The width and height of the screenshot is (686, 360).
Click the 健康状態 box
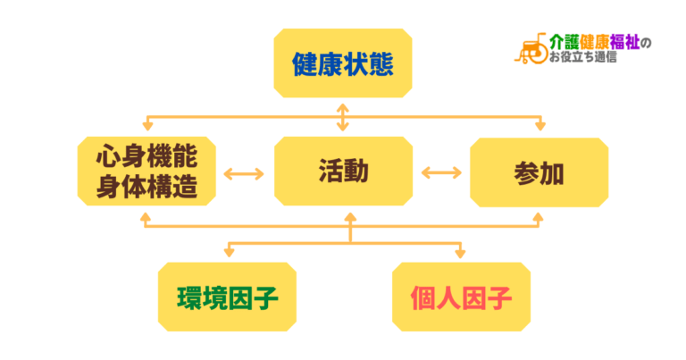343,63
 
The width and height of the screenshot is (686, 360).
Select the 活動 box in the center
343,172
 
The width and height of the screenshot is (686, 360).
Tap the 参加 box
540,172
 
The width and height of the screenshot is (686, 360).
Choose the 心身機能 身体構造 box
146,172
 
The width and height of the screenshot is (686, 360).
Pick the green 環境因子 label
227,297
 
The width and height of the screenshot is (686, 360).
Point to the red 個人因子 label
461,297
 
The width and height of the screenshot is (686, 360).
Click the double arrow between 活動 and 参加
441,172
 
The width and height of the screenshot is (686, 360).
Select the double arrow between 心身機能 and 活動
244,172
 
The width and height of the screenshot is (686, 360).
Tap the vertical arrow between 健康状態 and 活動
343,117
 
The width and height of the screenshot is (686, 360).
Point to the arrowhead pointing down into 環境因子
227,254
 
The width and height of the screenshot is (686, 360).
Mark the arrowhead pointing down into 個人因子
461,254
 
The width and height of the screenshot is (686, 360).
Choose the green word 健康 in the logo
595,43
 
